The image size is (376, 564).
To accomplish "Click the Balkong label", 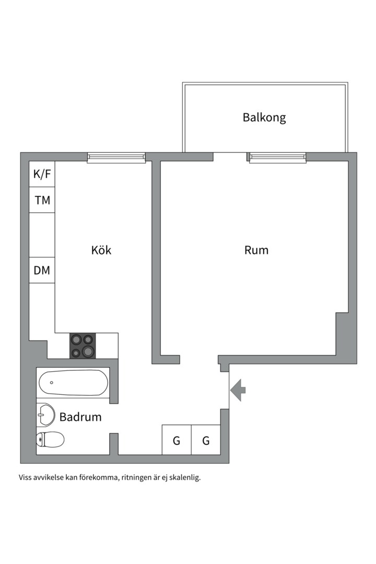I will (264, 117).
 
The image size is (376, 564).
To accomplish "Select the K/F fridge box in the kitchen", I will (42, 174).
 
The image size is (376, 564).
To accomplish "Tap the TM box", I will (42, 200).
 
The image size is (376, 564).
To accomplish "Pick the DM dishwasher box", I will (42, 270).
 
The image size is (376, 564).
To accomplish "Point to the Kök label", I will (101, 250).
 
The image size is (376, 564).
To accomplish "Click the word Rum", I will (256, 250).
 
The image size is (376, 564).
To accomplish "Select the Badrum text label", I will (80, 417).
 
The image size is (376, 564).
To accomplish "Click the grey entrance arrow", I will (238, 390).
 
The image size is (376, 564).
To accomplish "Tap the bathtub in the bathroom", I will (73, 383).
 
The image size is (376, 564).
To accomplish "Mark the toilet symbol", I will (50, 440).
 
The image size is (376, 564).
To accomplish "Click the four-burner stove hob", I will (83, 346).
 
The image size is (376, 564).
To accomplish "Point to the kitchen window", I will (116, 157).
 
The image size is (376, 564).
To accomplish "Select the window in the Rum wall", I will (277, 157).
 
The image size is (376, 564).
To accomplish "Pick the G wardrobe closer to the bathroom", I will (177, 440).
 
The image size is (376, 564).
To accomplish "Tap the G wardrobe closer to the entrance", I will (206, 440).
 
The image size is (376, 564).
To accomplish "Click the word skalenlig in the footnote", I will (183, 477).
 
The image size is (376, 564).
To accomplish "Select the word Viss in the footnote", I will (26, 477).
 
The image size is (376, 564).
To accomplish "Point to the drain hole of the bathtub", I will (52, 382).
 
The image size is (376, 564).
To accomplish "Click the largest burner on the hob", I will (88, 350).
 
